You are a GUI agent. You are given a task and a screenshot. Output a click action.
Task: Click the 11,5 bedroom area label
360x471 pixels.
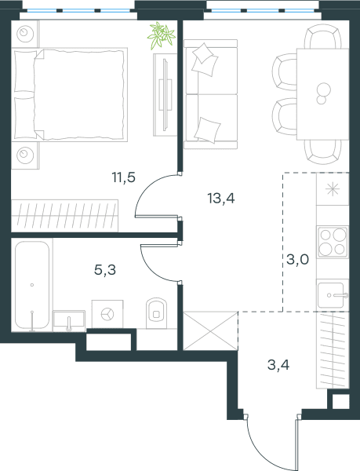click(124, 177)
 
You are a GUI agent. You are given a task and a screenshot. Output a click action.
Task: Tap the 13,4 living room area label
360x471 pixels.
click(221, 199)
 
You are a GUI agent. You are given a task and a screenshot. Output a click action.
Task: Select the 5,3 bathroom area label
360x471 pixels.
click(105, 270)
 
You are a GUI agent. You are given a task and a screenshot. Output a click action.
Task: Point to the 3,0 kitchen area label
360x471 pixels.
click(297, 259)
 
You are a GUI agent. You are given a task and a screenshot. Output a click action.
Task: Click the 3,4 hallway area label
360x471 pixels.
click(278, 365)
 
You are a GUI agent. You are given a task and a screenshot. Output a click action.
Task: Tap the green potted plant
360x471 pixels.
click(162, 35)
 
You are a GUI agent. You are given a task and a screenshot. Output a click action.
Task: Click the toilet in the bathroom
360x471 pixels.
click(156, 313)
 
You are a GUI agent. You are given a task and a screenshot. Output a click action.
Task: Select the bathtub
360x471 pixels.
click(32, 285)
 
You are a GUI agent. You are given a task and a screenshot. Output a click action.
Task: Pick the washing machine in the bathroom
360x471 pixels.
click(107, 314)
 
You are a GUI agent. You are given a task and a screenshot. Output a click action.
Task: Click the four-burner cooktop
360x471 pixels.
click(333, 243)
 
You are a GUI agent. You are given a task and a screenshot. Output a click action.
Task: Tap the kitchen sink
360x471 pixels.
click(333, 295)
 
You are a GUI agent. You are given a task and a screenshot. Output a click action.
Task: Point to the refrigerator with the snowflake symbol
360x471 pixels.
click(333, 189)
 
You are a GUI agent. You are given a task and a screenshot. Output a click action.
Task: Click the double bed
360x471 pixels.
click(70, 95)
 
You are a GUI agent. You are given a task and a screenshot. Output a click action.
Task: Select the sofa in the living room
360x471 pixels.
click(211, 94)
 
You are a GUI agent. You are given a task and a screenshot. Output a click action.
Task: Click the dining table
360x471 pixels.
click(323, 94)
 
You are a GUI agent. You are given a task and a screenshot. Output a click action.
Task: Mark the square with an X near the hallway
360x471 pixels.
click(211, 331)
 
